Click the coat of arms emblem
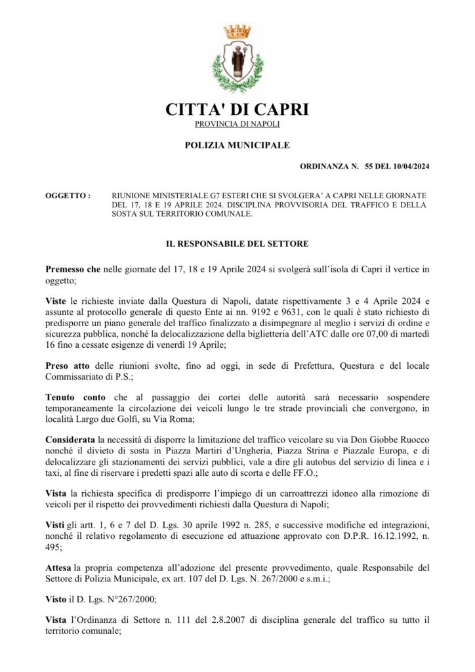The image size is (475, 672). pos(237,60)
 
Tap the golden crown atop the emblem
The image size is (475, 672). pos(237,31)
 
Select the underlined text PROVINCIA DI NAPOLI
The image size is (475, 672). pos(237,124)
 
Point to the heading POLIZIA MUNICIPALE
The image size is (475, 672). pos(237,144)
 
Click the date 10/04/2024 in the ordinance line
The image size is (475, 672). pos(406,167)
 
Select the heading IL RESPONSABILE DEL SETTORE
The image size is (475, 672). pos(237,243)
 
